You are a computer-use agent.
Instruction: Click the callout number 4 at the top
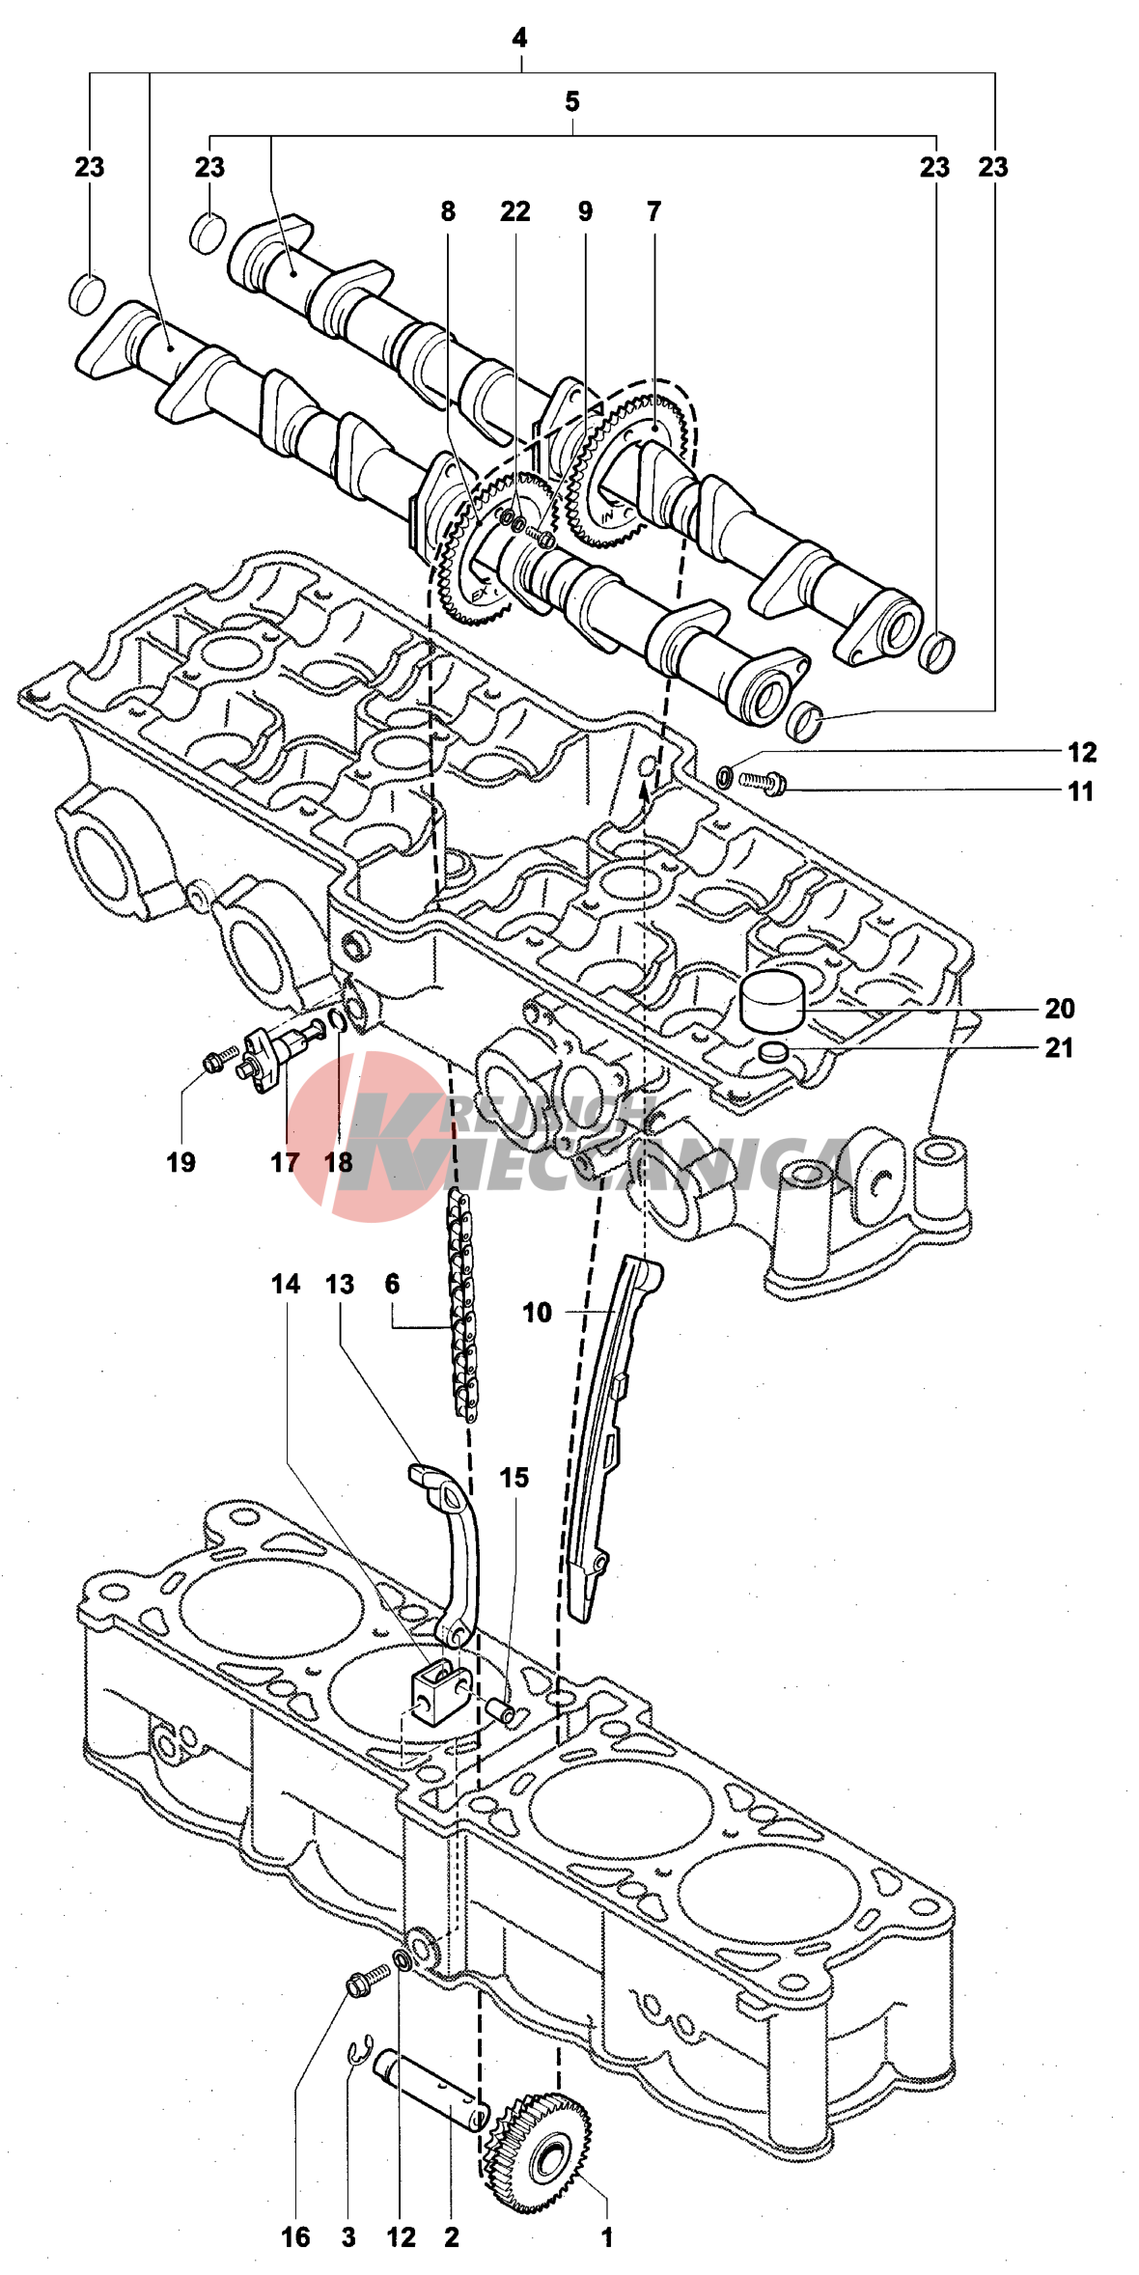pyautogui.click(x=520, y=39)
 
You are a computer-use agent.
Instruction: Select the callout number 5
pyautogui.click(x=572, y=101)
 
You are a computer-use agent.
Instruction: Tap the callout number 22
pyautogui.click(x=514, y=211)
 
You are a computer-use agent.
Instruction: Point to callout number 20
pyautogui.click(x=1059, y=1009)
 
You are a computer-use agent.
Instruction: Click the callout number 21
pyautogui.click(x=1059, y=1048)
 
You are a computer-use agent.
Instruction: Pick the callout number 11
pyautogui.click(x=1081, y=791)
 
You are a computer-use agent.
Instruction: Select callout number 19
pyautogui.click(x=181, y=1162)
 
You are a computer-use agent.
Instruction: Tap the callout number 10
pyautogui.click(x=537, y=1313)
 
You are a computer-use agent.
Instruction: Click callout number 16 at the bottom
pyautogui.click(x=295, y=2237)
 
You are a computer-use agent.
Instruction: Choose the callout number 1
pyautogui.click(x=607, y=2237)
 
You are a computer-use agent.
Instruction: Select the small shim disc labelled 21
pyautogui.click(x=774, y=1052)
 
